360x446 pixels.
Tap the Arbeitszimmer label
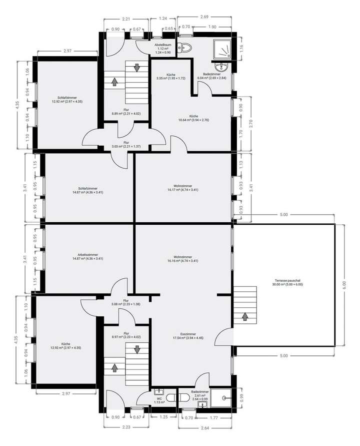(88, 257)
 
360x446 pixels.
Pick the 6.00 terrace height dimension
(343, 284)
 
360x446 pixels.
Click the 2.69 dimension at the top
(203, 17)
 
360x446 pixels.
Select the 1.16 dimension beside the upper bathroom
(240, 49)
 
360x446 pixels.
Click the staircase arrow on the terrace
(245, 316)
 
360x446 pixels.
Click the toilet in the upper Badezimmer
(186, 49)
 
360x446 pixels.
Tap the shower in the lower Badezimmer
(221, 398)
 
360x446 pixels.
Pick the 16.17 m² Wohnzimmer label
(183, 188)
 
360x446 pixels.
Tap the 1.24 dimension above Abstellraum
(163, 19)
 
